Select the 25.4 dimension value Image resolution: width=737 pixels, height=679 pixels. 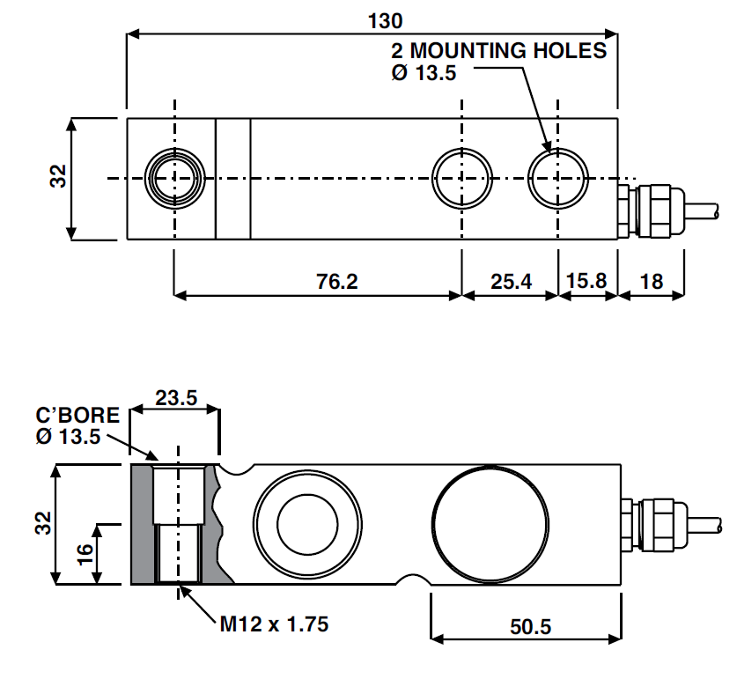click(x=511, y=281)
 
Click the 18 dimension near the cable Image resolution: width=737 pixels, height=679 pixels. click(x=652, y=281)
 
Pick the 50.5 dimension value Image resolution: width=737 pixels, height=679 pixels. click(x=530, y=627)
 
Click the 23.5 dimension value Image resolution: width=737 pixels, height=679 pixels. click(x=175, y=397)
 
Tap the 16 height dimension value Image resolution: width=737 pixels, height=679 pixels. click(x=85, y=554)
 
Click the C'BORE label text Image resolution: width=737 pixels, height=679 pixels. click(x=77, y=416)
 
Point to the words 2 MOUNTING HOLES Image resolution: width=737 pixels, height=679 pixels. click(x=499, y=50)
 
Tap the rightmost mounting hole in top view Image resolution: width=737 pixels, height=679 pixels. click(x=557, y=177)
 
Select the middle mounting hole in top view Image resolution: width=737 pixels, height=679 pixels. click(x=461, y=177)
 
